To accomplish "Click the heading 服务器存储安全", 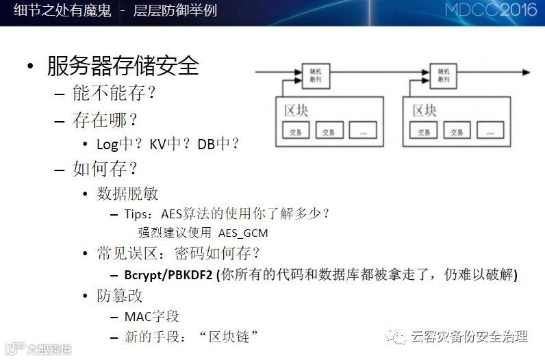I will point(123,66).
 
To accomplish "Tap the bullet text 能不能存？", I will point(114,92).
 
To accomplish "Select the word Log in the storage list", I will point(107,144).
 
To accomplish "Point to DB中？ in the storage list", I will point(218,144).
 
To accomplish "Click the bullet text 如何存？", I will point(105,168).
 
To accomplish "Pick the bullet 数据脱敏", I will point(128,194).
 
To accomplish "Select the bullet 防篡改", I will point(120,296).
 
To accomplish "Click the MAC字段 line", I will point(151,316).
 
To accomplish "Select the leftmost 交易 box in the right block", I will point(424,131).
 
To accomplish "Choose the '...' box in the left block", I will point(363,131).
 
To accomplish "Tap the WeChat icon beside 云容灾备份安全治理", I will point(396,337).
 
